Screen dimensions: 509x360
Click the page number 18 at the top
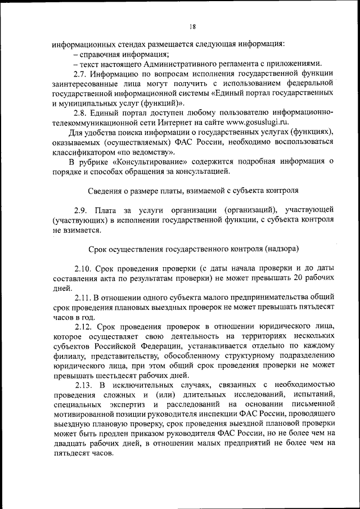[x=192, y=26]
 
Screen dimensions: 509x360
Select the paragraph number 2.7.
[x=82, y=74]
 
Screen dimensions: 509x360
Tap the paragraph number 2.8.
[x=82, y=112]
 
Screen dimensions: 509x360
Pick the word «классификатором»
[x=83, y=151]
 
